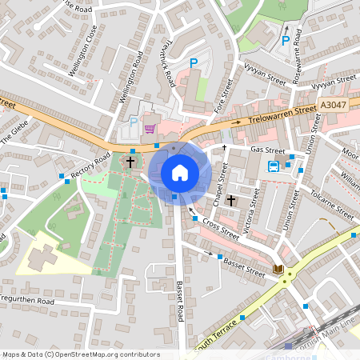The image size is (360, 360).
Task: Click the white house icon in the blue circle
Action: [x=180, y=172]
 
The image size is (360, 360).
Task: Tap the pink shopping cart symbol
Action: [x=149, y=128]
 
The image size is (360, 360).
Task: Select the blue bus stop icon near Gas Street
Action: [x=274, y=166]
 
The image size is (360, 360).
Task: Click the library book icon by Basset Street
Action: [x=278, y=270]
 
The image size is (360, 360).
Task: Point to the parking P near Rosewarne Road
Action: [x=286, y=41]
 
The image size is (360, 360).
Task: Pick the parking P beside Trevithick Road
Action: [x=193, y=63]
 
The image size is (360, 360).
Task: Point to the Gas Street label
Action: [x=267, y=150]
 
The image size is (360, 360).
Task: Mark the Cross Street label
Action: [x=220, y=229]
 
